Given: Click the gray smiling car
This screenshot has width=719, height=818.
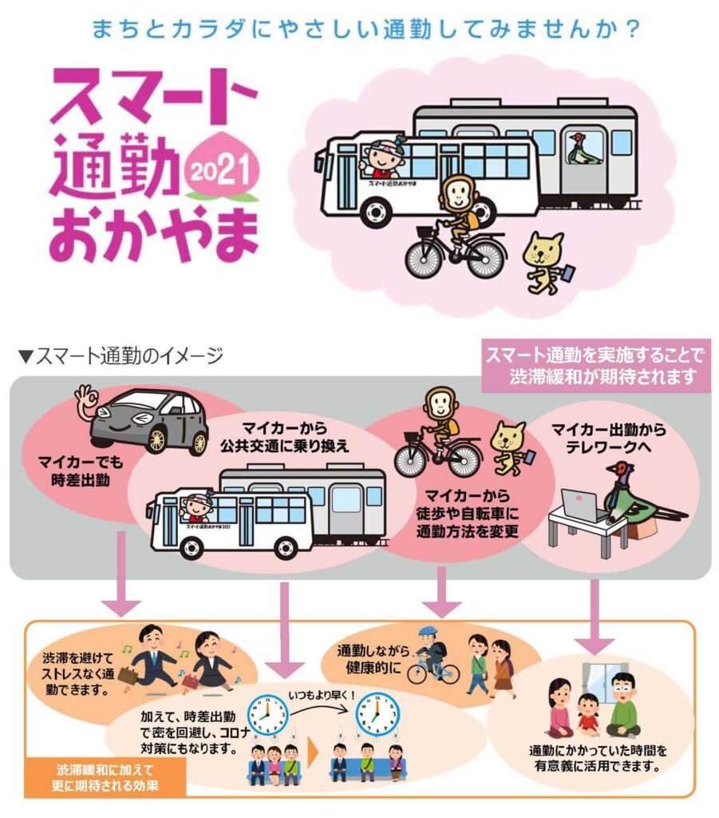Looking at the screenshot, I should (148, 419).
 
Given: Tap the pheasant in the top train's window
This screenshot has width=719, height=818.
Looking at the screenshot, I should (584, 149).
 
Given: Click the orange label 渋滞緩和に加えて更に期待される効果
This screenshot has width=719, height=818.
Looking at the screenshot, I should (107, 778).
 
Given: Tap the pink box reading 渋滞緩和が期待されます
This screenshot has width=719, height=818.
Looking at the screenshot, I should (597, 365).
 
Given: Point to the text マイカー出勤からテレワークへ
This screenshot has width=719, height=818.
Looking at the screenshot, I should (608, 438).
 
